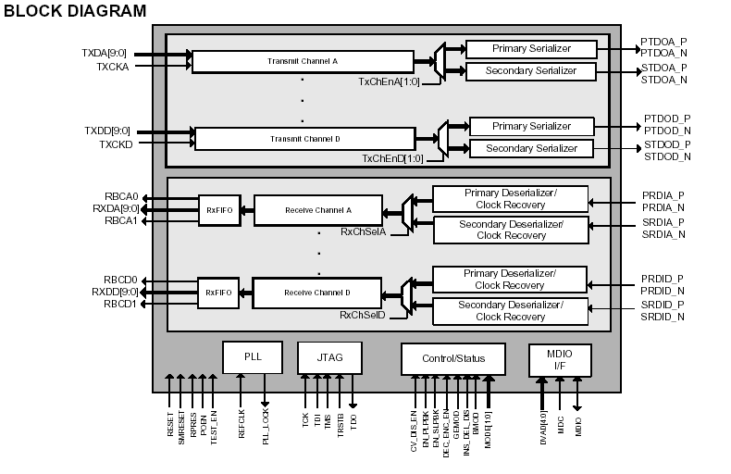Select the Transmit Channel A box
pyautogui.click(x=303, y=61)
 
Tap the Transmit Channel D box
pyautogui.click(x=304, y=139)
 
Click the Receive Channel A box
pyautogui.click(x=316, y=210)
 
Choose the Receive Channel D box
pyautogui.click(x=316, y=293)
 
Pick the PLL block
pyautogui.click(x=253, y=357)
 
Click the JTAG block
pyautogui.click(x=328, y=358)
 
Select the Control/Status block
pyautogui.click(x=454, y=358)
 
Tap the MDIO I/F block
pyautogui.click(x=559, y=360)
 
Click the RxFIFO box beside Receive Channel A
pyautogui.click(x=217, y=210)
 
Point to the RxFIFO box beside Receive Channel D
pyautogui.click(x=217, y=293)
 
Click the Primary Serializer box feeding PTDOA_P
pyautogui.click(x=530, y=48)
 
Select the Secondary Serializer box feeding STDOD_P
pyautogui.click(x=531, y=149)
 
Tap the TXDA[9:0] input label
pyautogui.click(x=105, y=53)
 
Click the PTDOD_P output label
pyautogui.click(x=667, y=119)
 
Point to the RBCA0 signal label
pyautogui.click(x=120, y=196)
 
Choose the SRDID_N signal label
pyautogui.click(x=663, y=317)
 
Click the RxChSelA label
pyautogui.click(x=362, y=231)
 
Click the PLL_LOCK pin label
pyautogui.click(x=266, y=427)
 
